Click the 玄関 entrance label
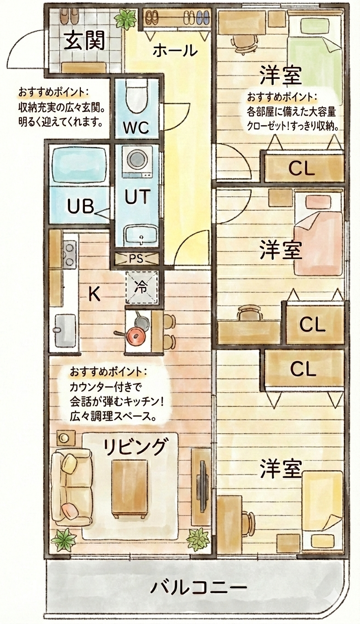click(x=85, y=41)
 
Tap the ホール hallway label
click(x=175, y=50)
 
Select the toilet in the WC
click(x=135, y=97)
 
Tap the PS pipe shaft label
click(x=136, y=258)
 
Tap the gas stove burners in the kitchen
click(x=70, y=255)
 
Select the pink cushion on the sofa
click(x=70, y=509)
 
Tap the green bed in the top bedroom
click(x=315, y=67)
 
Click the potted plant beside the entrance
click(x=125, y=20)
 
